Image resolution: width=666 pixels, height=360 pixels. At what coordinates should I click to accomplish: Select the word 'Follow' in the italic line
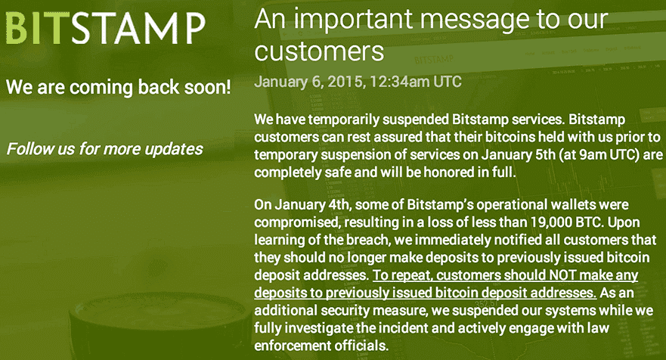click(x=29, y=148)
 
